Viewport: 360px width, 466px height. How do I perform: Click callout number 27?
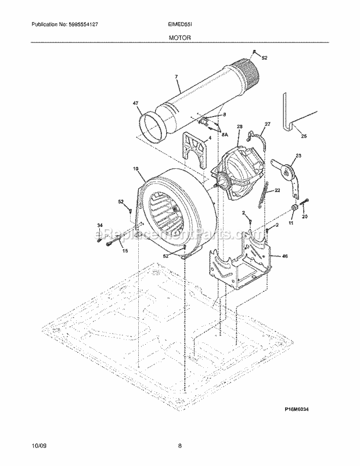click(x=268, y=124)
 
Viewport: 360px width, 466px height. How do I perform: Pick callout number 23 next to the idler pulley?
click(x=299, y=155)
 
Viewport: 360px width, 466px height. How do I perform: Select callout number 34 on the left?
click(x=99, y=226)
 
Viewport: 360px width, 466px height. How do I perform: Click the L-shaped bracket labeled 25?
click(x=289, y=113)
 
